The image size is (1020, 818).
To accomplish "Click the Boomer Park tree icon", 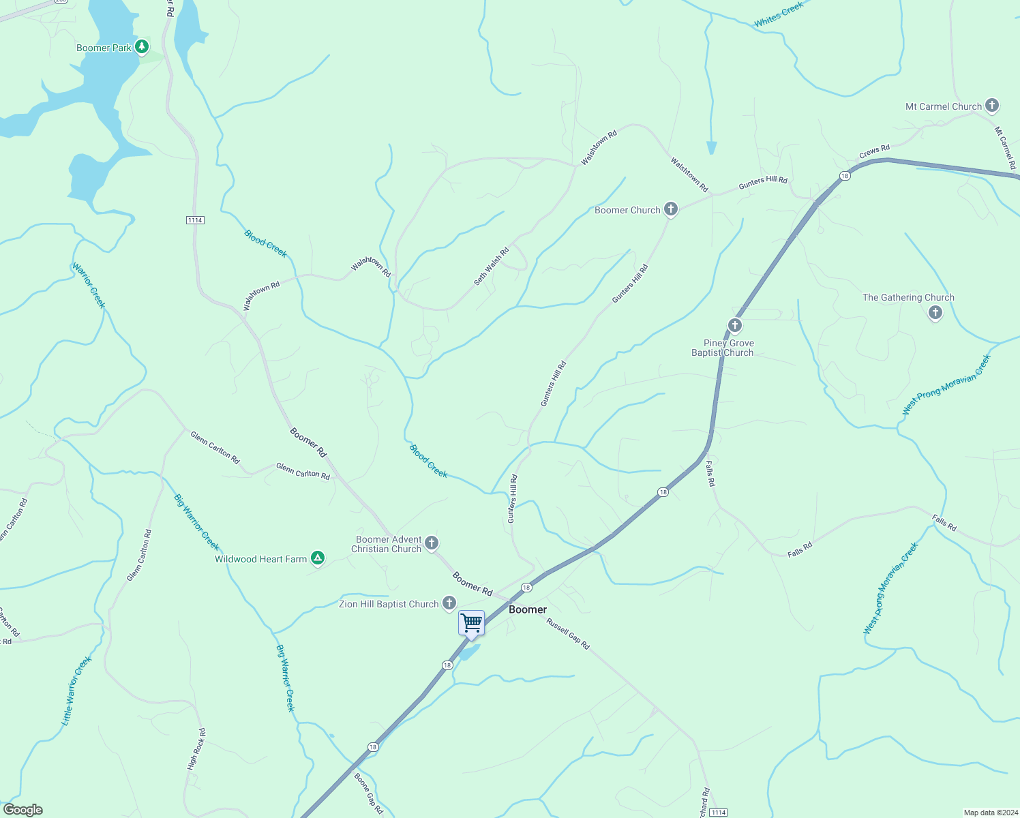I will coord(142,47).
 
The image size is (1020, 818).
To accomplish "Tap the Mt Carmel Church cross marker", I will coord(992,106).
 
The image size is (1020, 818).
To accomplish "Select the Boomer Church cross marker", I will coord(671,209).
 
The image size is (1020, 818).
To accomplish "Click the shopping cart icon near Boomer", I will coord(471,623).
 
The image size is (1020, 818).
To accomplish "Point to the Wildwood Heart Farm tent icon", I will coord(317,558).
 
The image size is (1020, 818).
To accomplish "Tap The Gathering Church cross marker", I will coord(935,313).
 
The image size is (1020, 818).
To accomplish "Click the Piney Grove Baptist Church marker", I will coord(734,325).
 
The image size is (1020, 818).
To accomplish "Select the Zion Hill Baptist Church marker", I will coord(449,603).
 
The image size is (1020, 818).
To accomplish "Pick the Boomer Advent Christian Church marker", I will coord(431,543).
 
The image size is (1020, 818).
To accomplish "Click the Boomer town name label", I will coord(528,609).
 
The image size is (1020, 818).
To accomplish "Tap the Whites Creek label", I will coord(779,15).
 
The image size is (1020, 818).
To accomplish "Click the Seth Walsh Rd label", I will coord(492,267).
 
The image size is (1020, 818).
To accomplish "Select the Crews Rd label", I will coord(874,151).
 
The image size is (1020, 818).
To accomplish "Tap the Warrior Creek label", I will coord(89,286).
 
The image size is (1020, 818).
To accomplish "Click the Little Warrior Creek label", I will coord(76,691).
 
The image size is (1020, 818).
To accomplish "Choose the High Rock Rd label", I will coord(196,749).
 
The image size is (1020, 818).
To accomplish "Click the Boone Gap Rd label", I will coord(368,793).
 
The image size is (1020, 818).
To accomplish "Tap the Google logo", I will coord(23,810).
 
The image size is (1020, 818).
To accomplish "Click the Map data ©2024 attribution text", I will coord(990,813).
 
